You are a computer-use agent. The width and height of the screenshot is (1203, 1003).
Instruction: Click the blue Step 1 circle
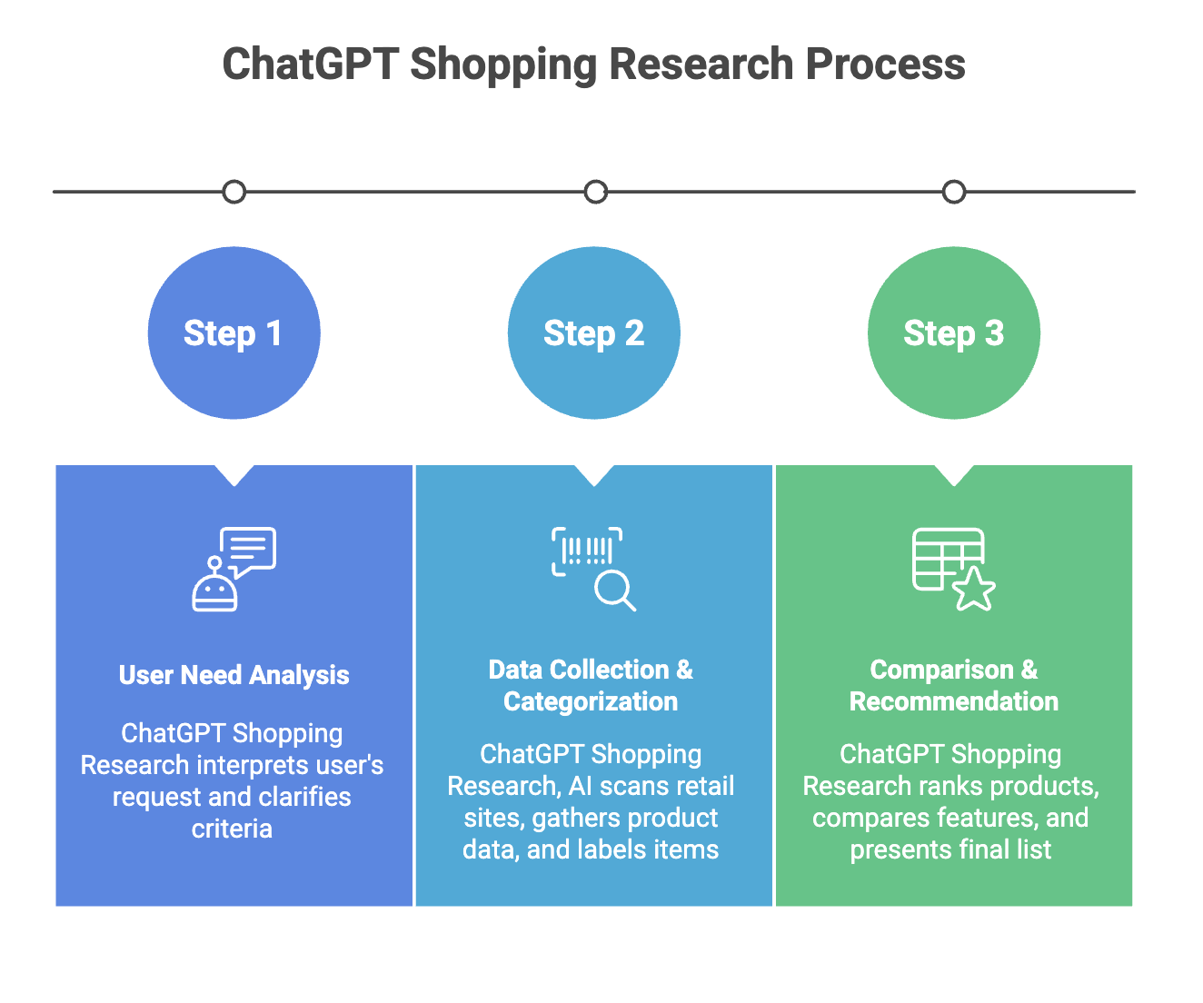234,333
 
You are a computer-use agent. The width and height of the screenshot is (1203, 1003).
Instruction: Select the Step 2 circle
594,333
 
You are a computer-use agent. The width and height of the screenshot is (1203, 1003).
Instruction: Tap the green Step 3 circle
954,333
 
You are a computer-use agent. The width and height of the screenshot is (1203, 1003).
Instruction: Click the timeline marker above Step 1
234,192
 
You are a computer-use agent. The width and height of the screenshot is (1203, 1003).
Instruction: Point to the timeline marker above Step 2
595,192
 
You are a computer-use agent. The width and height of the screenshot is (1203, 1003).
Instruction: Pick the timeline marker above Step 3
954,192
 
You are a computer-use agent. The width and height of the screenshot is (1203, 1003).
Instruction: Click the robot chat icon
234,569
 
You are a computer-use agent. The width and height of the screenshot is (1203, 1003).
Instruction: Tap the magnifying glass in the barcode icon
613,591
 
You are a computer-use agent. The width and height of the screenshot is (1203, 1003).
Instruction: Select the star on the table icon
974,589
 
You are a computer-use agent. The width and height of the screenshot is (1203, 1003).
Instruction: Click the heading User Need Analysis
234,675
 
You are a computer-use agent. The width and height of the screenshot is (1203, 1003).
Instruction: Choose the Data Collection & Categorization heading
591,685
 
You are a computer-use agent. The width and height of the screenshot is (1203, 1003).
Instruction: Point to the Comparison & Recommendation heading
953,685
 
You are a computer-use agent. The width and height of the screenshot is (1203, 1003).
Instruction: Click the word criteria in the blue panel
232,829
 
